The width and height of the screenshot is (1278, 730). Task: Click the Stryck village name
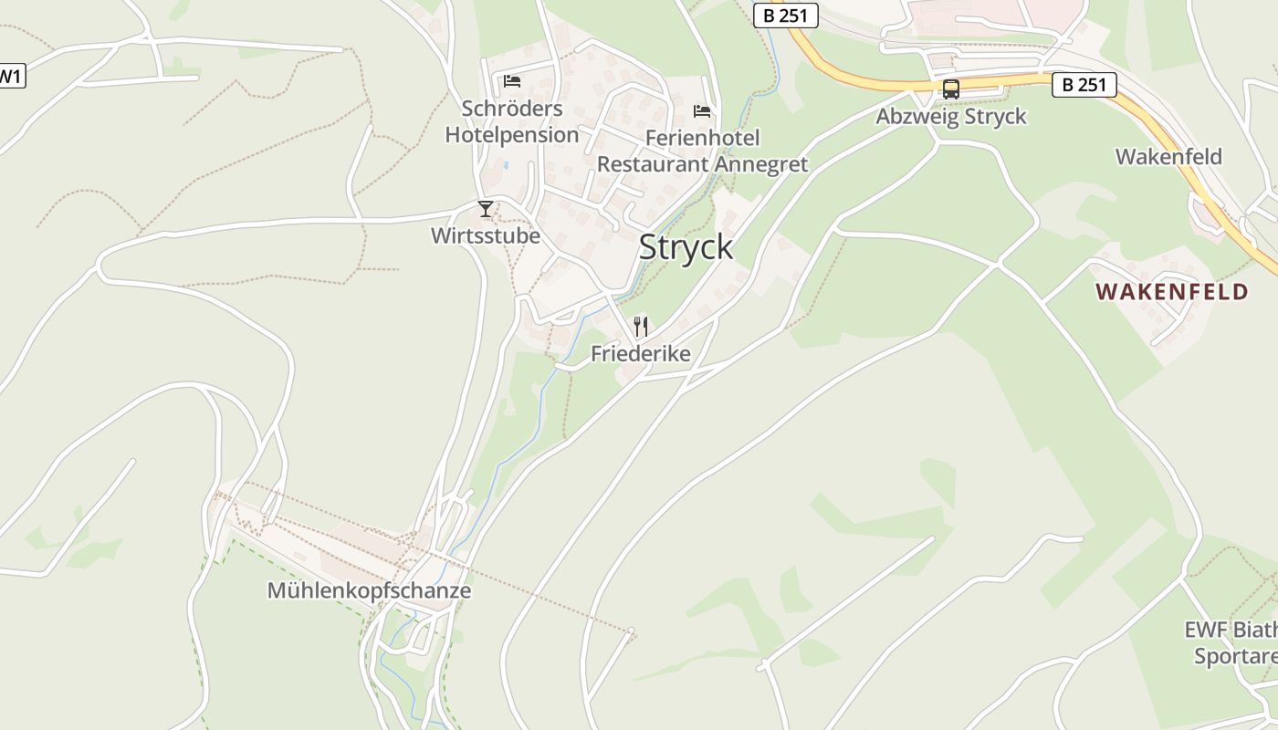686,247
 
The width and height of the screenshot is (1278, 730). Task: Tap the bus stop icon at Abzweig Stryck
950,89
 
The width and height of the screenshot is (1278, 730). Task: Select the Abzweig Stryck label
950,117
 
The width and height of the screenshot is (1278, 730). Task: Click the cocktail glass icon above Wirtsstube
486,209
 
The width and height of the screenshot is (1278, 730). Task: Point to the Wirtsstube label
486,235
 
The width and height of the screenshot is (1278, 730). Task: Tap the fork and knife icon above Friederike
641,327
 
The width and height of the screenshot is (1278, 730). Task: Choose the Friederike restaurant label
641,353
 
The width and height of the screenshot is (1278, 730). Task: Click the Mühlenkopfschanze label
369,590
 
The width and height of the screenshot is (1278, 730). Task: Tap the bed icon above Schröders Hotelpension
512,81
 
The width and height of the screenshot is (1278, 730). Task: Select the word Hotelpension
512,135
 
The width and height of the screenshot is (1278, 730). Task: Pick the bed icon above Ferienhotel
702,111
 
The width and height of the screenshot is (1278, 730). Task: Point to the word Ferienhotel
702,138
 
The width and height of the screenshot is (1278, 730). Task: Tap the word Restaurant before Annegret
653,164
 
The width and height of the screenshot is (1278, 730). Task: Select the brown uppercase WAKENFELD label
1172,292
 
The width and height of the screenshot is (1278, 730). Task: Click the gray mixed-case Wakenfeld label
1168,157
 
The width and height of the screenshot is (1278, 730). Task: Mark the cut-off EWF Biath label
1230,630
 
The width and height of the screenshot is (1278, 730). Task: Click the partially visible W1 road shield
11,76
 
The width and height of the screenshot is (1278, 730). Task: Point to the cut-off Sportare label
1235,657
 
